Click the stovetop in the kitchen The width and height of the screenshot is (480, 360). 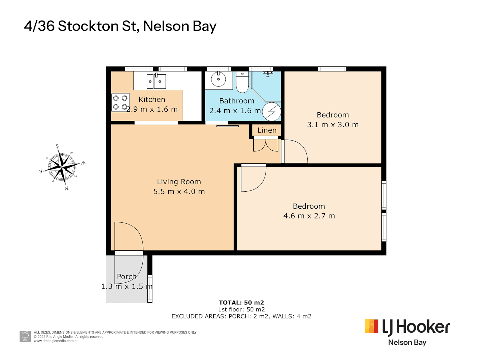click(120, 103)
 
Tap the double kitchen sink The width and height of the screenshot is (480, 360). click(156, 81)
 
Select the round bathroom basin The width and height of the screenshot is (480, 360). click(218, 80)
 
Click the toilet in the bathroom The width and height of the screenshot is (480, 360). click(242, 83)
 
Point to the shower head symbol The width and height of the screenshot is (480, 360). click(268, 74)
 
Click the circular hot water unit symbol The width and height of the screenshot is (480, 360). click(271, 112)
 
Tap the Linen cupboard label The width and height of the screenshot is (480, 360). click(267, 130)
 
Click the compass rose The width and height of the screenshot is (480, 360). click(62, 167)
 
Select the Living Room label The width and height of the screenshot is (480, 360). click(179, 182)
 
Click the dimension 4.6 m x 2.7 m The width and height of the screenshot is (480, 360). click(309, 216)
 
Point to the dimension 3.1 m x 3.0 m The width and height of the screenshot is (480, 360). click(333, 125)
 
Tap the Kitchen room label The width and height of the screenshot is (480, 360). click(152, 99)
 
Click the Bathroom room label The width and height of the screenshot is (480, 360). click(237, 101)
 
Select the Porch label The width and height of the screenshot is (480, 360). click(127, 277)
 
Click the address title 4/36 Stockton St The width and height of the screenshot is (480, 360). click(120, 26)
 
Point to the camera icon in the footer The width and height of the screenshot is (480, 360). click(25, 336)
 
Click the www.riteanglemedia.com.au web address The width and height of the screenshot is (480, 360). click(56, 341)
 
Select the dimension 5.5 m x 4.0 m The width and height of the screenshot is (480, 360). click(179, 192)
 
